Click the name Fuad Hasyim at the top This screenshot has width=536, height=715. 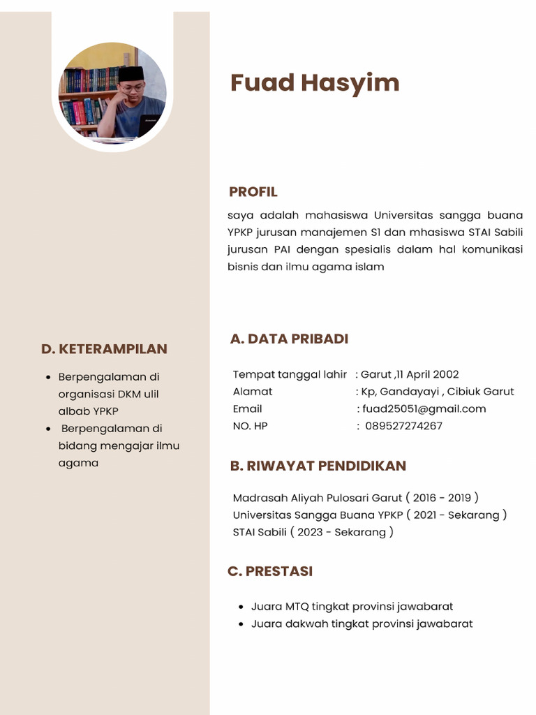pos(315,83)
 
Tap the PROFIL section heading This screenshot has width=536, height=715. pos(253,192)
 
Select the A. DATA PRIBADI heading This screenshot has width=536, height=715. pos(289,339)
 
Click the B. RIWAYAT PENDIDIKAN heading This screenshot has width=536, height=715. pos(318,466)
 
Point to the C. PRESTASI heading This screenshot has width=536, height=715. pos(270,571)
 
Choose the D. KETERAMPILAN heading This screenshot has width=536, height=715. pos(104,349)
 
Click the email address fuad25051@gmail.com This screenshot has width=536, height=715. pos(424,409)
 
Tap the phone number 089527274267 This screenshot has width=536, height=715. pos(403,426)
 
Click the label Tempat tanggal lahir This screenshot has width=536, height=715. pos(290,374)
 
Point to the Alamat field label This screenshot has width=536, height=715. pos(253,392)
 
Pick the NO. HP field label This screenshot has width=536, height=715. pos(250,426)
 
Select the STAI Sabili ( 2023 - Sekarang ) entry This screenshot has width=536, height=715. pos(313,532)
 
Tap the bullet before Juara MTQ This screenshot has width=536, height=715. pos(241,607)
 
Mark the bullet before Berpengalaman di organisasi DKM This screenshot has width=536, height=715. pos(47,378)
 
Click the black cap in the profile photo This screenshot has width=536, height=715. pos(131,74)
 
